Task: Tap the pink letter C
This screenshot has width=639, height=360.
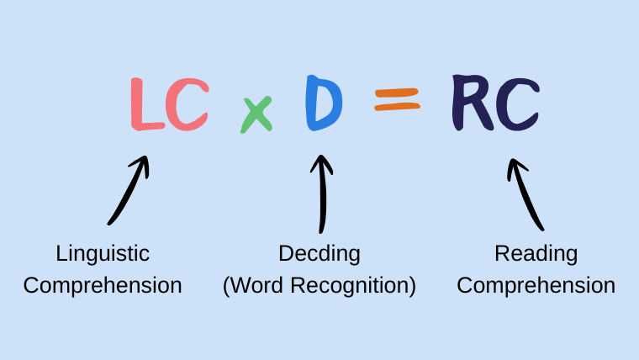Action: (x=187, y=105)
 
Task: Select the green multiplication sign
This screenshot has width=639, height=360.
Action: (x=256, y=114)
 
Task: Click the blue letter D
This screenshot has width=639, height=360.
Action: (x=324, y=103)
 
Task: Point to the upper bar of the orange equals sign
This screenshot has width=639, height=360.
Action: (x=396, y=93)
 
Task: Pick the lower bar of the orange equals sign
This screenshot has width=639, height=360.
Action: (x=396, y=108)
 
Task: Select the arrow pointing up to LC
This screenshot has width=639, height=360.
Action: (x=129, y=190)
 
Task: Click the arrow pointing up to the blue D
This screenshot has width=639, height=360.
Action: (x=320, y=193)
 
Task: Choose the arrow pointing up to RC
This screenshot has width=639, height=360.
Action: (x=526, y=194)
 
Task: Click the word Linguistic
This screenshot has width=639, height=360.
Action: (x=103, y=253)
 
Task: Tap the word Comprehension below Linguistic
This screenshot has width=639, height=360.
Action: (x=103, y=285)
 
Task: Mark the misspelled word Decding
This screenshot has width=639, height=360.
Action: (x=319, y=253)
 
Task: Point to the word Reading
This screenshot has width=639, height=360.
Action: (x=536, y=253)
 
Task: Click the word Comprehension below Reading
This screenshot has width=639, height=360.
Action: (x=536, y=285)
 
